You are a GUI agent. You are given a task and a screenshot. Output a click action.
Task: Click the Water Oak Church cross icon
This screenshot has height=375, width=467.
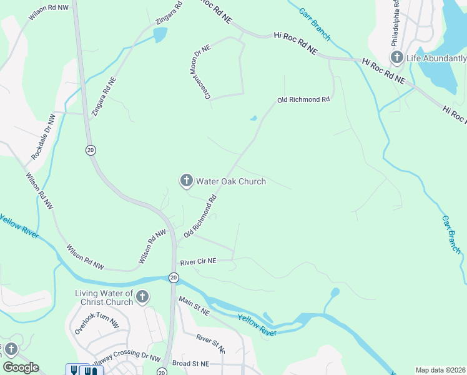186,181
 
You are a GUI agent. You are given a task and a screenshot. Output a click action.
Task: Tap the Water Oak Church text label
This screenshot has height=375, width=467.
231,182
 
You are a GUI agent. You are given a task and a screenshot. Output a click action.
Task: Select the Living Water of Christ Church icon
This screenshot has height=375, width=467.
142,296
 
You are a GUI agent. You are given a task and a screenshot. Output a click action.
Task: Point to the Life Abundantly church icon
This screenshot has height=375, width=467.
397,59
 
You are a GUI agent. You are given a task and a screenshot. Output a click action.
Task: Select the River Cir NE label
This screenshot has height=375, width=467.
198,262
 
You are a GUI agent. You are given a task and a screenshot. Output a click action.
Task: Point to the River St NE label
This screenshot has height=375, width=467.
210,343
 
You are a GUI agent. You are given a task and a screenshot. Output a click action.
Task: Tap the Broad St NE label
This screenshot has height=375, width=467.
192,363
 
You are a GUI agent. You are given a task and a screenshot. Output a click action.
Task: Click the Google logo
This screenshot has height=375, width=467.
21,367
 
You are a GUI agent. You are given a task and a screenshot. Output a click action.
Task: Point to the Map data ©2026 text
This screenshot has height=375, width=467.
440,370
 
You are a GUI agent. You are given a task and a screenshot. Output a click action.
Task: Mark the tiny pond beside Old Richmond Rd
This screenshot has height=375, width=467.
253,118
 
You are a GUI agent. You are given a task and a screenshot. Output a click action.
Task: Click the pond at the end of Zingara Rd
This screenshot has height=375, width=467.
160,34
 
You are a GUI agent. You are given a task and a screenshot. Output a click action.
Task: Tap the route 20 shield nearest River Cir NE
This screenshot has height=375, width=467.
173,277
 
